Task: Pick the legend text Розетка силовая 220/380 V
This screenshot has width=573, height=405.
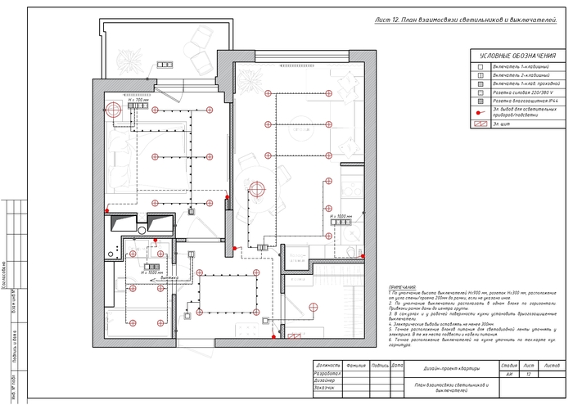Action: pyautogui.click(x=522, y=93)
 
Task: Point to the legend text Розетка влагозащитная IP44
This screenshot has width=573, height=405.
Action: pyautogui.click(x=524, y=102)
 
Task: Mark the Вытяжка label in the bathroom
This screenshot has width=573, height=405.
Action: pyautogui.click(x=169, y=278)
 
